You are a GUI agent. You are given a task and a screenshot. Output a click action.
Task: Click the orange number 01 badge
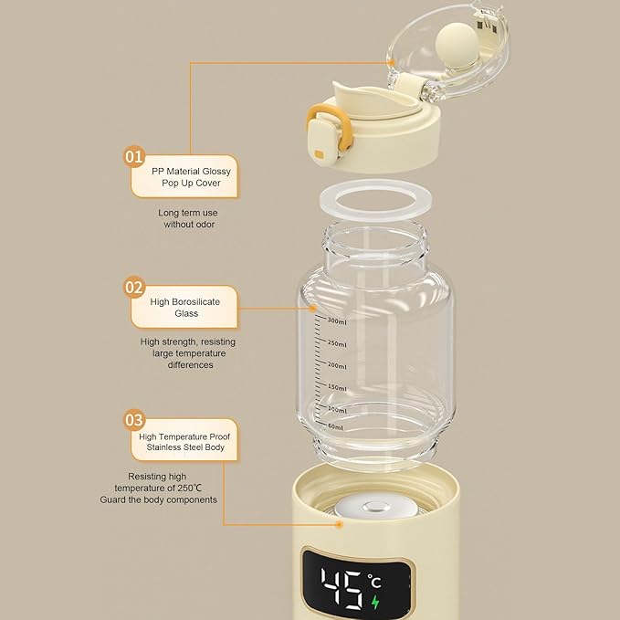[x=134, y=157]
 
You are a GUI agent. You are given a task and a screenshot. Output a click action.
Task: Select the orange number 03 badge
[x=134, y=420]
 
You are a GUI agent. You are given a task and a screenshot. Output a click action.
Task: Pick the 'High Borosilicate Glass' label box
[x=186, y=307]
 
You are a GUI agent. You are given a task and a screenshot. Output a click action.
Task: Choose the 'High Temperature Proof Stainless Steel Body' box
[x=184, y=442]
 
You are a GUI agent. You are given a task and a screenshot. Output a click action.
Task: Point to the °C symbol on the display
[x=375, y=580]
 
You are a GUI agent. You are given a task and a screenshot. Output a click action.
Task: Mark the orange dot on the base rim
[x=338, y=525]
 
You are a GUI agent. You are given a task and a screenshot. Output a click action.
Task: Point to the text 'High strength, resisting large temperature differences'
[x=183, y=353]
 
